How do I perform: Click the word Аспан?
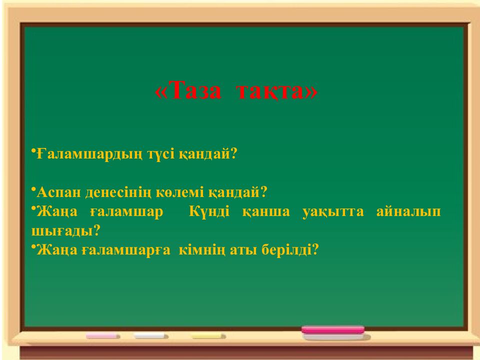tap(58, 192)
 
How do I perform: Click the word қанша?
tap(266, 211)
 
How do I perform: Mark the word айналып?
tap(408, 211)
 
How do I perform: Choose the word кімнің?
tap(203, 249)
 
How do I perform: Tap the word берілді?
tap(289, 249)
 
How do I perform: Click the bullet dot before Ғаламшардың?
tap(33, 150)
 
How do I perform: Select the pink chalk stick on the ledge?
tap(103, 336)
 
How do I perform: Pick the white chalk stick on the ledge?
tap(151, 336)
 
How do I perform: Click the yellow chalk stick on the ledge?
tap(208, 336)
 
